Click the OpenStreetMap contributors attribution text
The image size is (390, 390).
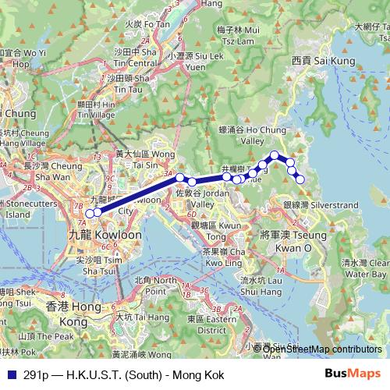click(322, 349)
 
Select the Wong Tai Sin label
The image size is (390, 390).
click(145, 159)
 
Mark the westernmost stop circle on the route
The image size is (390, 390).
click(90, 213)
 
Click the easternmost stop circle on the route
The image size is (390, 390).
click(300, 179)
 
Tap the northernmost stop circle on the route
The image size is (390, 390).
click(275, 155)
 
